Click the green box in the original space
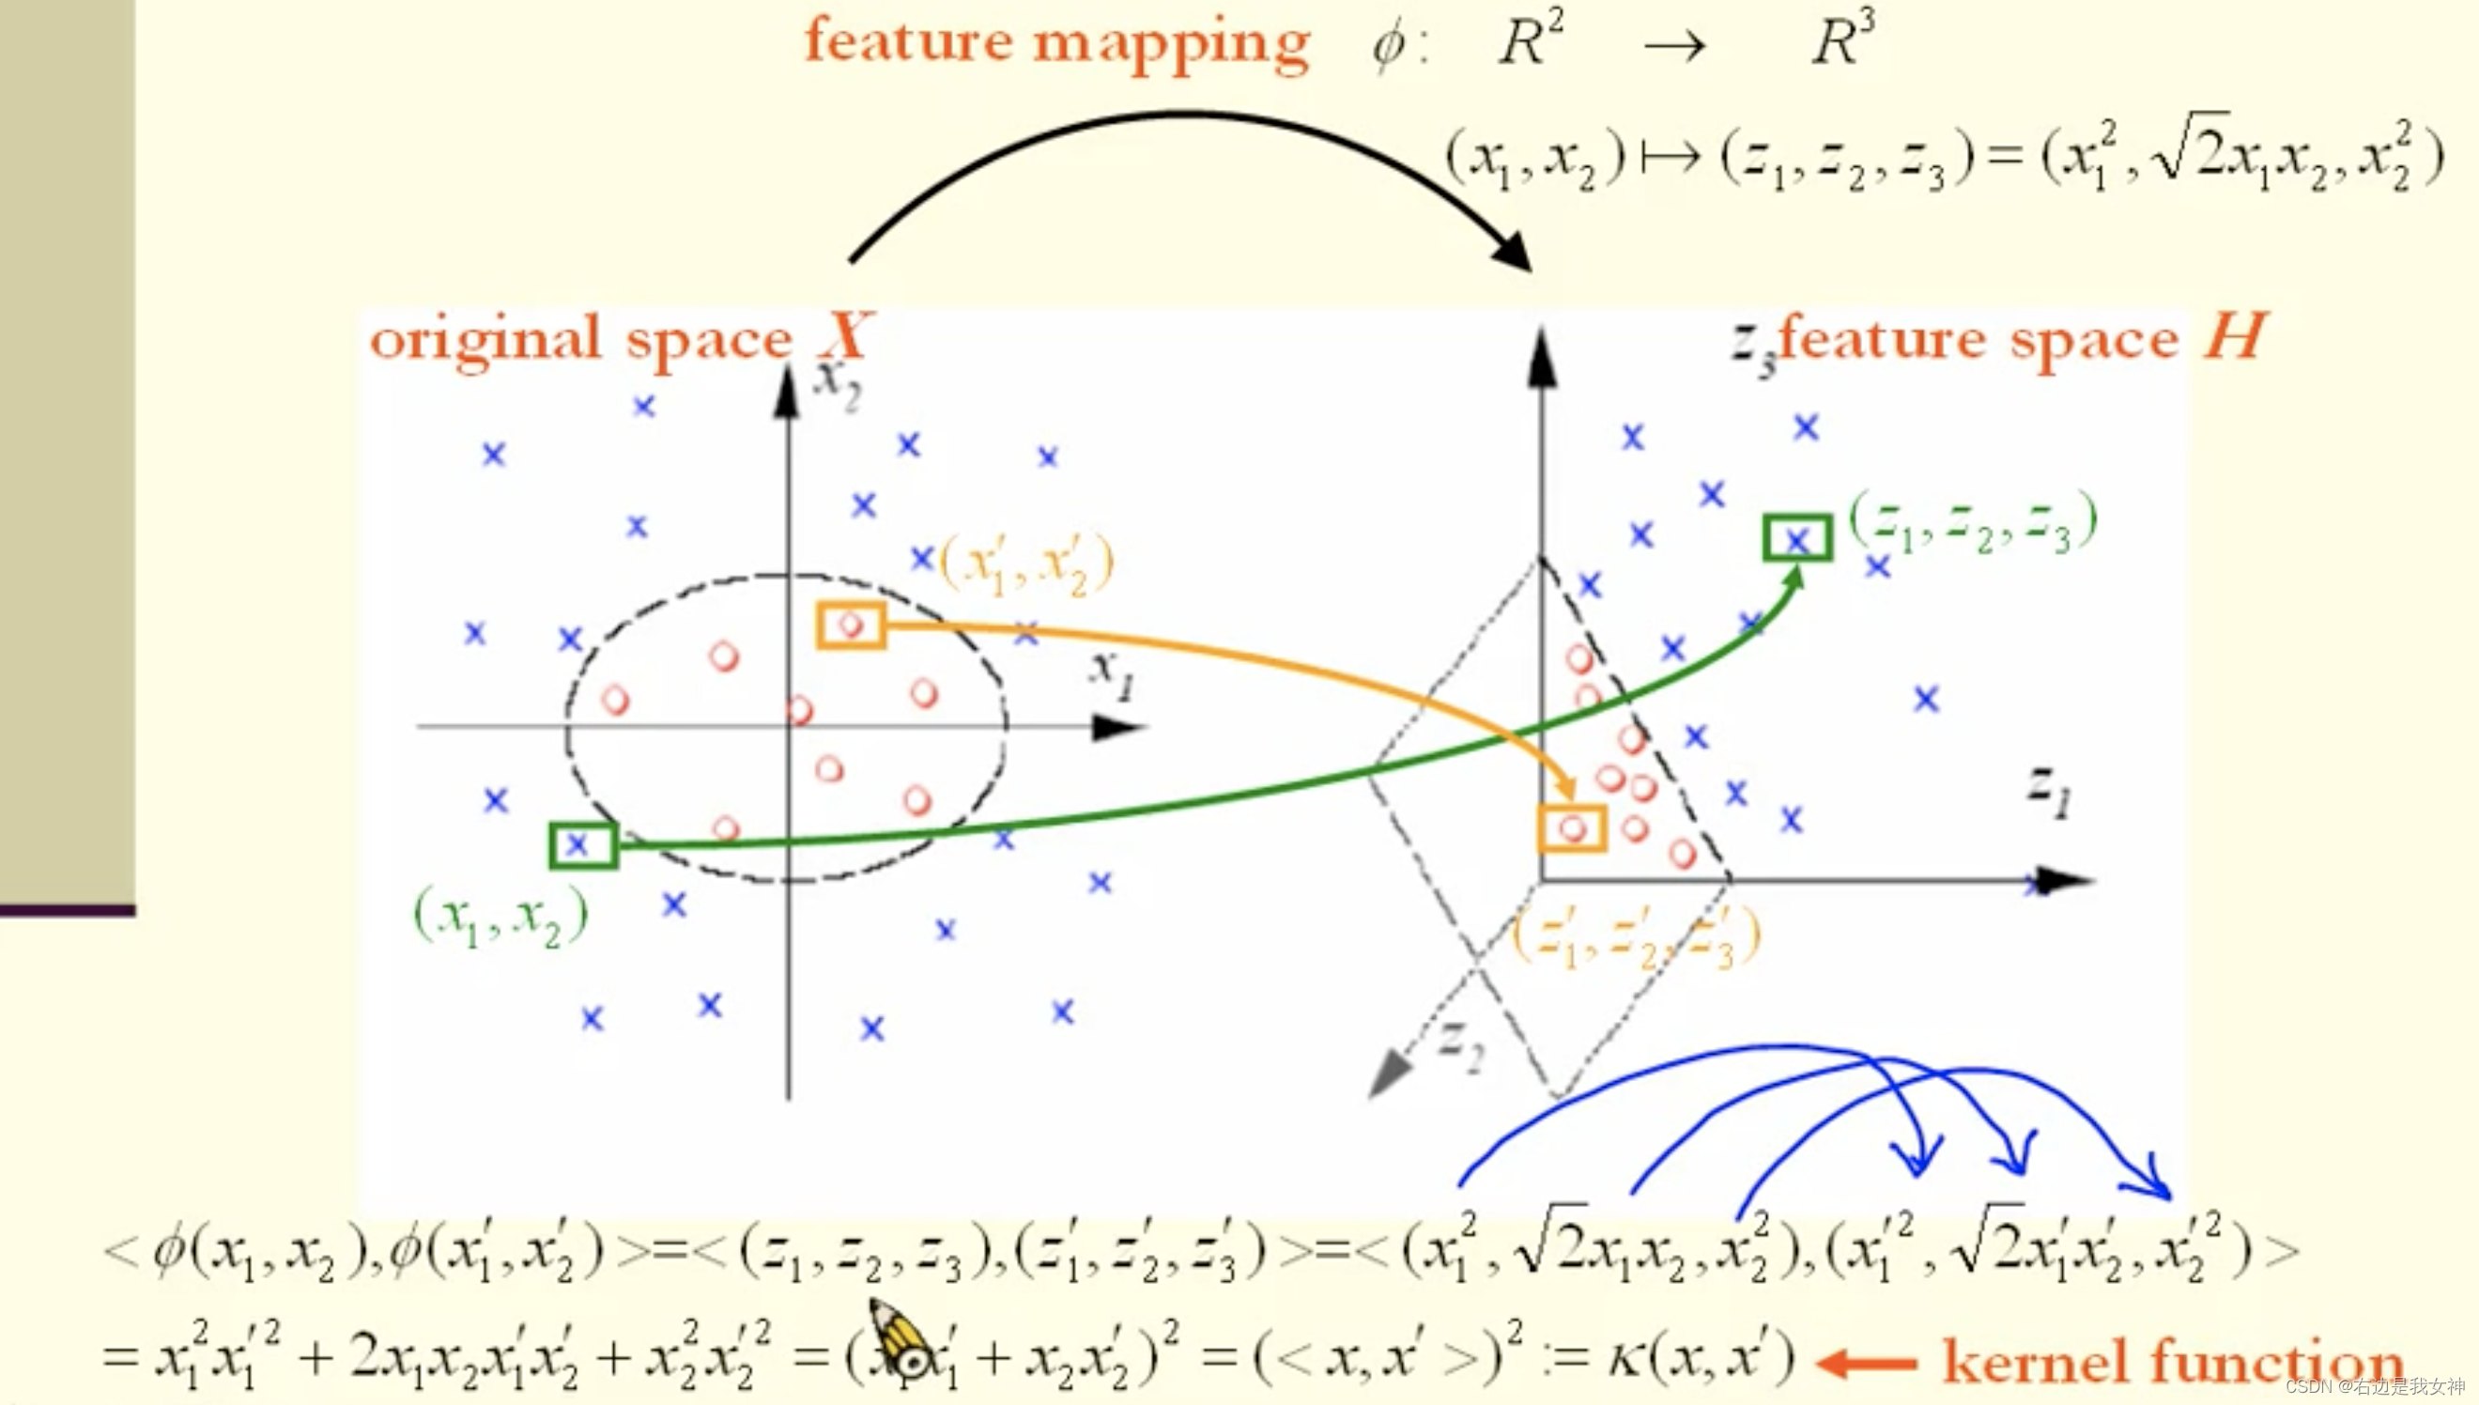582,844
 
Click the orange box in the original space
851,625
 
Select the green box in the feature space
1797,538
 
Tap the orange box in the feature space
1572,829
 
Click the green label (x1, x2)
500,918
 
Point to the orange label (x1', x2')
1026,565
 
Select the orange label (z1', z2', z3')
1636,936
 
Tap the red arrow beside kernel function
1867,1363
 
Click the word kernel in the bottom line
2035,1361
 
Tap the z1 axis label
2048,792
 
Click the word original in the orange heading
486,340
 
